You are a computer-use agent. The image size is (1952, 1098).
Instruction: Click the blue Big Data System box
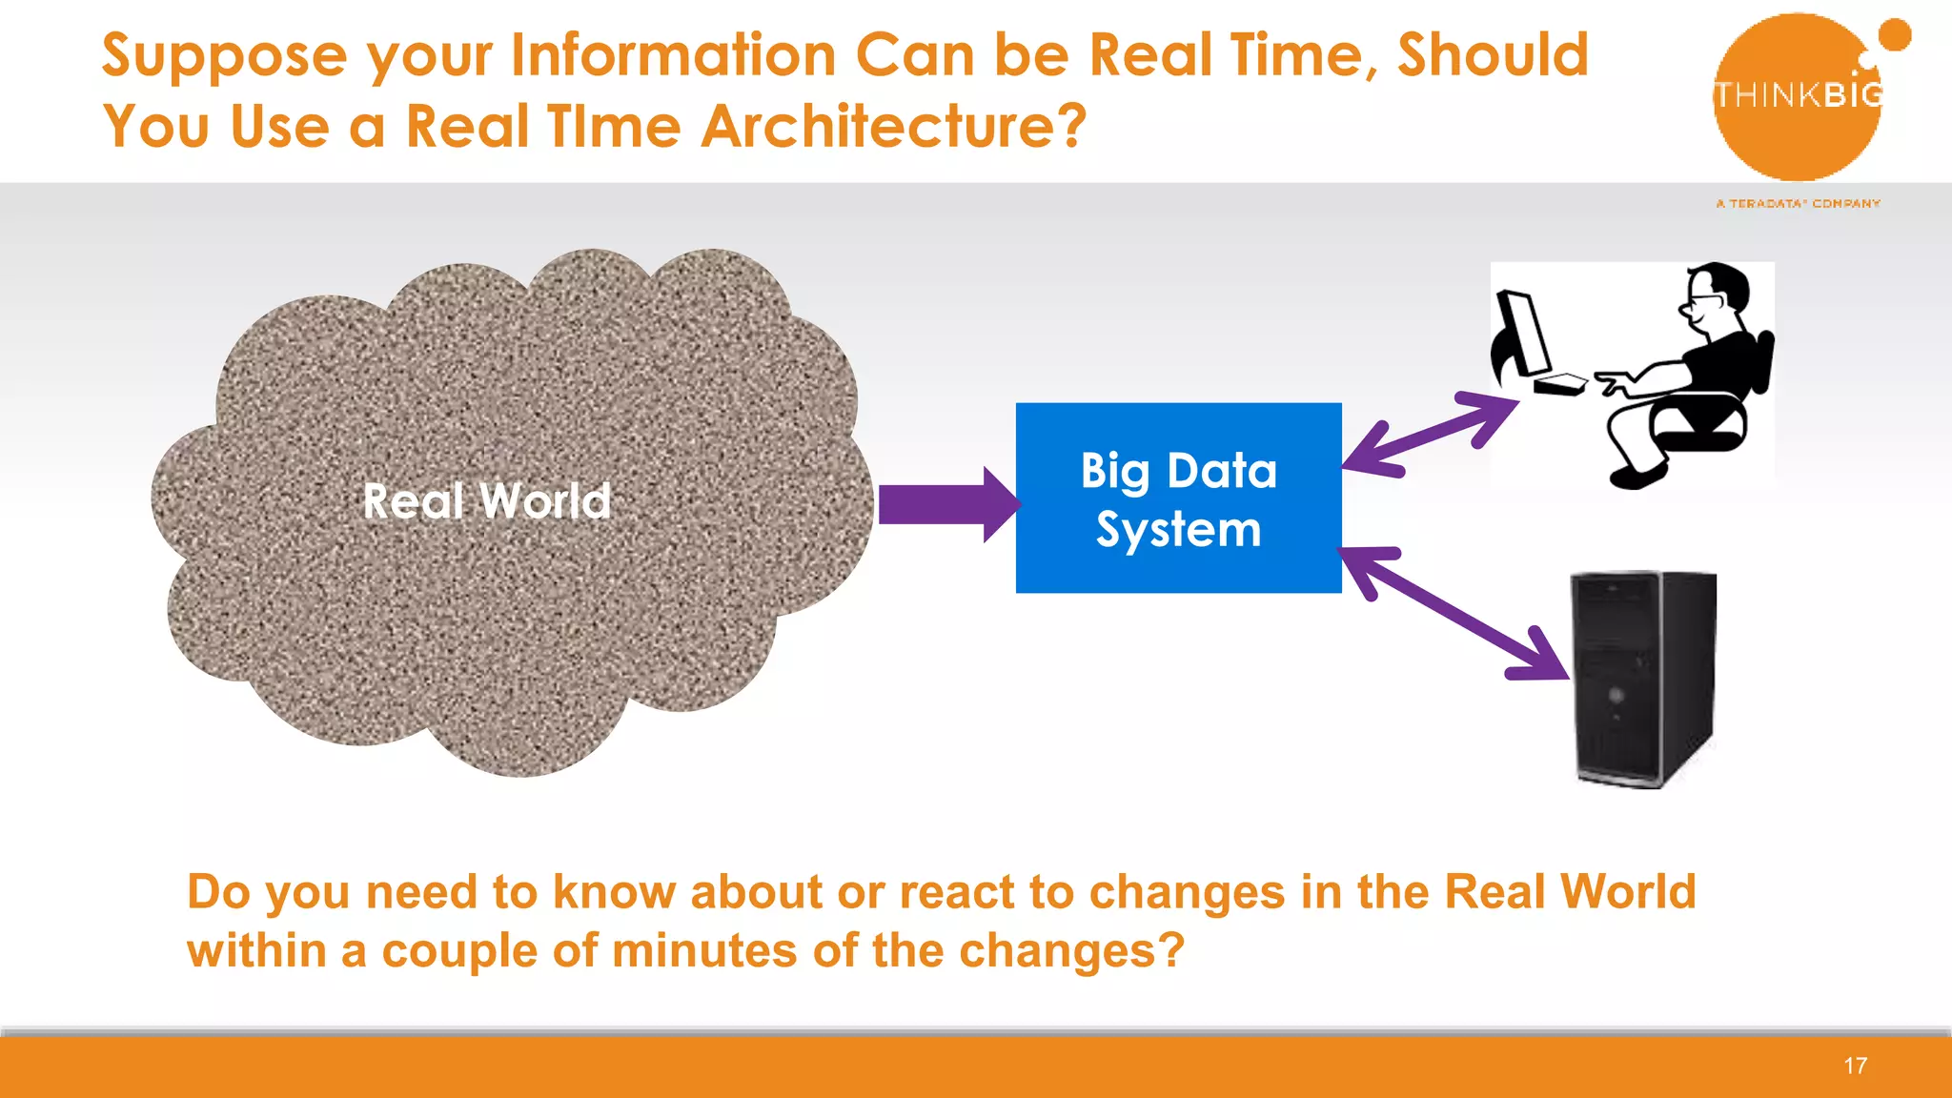pos(1178,498)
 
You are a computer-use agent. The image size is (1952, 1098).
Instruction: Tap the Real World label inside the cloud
pos(486,501)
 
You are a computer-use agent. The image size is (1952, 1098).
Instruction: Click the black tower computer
pos(1641,679)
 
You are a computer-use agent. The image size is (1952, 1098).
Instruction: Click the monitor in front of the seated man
pos(1523,334)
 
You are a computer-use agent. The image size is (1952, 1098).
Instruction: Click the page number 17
pos(1855,1066)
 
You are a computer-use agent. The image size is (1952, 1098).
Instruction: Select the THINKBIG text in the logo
pos(1798,94)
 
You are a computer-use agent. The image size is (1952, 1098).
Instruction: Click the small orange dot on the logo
pos(1894,35)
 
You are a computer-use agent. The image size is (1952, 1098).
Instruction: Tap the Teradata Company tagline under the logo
pos(1798,203)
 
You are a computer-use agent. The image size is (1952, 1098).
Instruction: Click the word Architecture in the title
pos(892,126)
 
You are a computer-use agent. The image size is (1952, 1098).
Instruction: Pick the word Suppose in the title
pos(224,55)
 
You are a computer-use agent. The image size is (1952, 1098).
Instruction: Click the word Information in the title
pos(673,55)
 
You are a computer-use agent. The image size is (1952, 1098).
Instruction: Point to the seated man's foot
pos(1637,476)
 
